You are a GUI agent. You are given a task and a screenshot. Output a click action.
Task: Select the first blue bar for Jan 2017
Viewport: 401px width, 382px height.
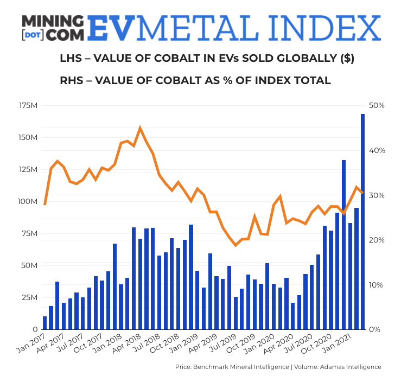(44, 323)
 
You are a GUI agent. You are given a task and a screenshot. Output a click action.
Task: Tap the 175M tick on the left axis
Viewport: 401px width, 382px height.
(28, 105)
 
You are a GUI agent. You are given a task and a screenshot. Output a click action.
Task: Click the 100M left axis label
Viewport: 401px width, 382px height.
(28, 201)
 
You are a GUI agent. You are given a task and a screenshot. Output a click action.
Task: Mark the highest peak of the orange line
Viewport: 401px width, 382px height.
(140, 128)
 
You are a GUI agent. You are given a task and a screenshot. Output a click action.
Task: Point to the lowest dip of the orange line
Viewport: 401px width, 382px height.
(235, 245)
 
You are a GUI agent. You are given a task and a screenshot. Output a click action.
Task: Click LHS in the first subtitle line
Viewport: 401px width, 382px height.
(71, 59)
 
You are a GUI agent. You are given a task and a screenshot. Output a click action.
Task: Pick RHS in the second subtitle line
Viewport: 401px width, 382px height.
(72, 80)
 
